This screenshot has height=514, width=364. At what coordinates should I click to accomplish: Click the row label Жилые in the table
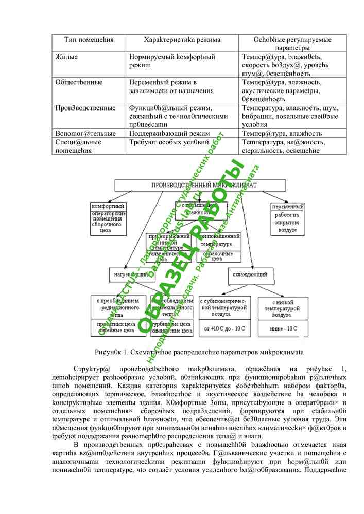66,57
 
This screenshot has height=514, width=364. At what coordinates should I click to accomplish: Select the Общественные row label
79,82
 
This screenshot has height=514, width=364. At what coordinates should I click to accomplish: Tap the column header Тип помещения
89,40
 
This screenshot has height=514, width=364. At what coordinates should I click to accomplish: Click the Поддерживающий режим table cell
169,133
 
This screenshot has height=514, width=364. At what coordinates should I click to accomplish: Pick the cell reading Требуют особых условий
169,142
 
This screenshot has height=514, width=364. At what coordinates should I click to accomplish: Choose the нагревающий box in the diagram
130,274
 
